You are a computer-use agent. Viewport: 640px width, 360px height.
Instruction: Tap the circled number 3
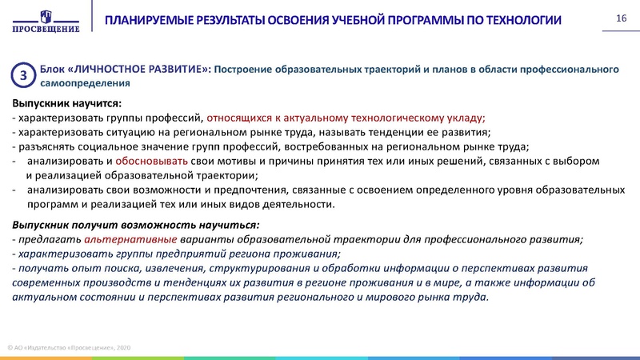(x=23, y=75)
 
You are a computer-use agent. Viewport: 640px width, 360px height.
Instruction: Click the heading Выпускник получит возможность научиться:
(x=135, y=224)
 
